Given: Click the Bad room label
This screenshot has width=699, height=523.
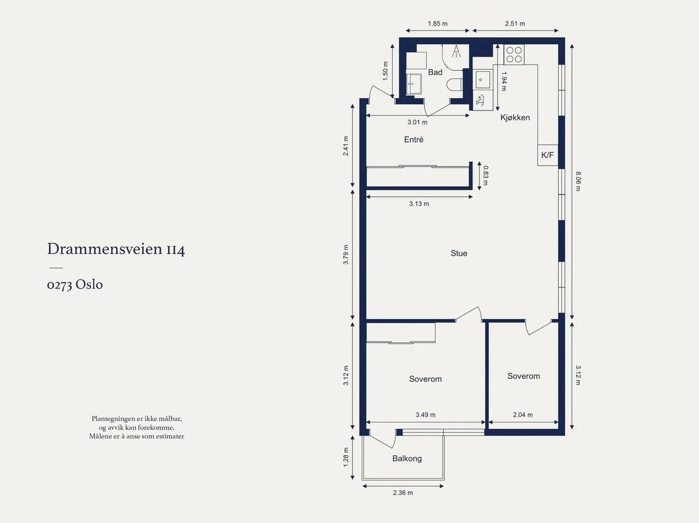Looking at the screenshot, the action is (435, 72).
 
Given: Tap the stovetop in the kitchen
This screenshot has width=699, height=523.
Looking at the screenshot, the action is (514, 55).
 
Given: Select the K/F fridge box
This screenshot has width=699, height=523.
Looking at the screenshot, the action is (548, 155).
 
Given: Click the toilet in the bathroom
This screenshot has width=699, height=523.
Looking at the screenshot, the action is (454, 85).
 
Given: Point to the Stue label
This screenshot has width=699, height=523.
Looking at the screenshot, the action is (459, 253).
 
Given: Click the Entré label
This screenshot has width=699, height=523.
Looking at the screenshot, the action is (414, 139).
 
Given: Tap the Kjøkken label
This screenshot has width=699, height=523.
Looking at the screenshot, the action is (515, 118).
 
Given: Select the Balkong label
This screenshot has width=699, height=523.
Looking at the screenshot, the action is (407, 458).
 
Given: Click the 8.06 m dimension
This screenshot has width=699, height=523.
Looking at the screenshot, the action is (578, 181).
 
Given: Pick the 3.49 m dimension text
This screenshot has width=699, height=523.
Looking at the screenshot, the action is (425, 415).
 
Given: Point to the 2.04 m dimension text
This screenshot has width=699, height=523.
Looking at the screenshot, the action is (523, 415).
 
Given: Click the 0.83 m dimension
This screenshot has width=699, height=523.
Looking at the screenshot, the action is (486, 175).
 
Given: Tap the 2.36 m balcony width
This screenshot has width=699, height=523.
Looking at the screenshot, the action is (403, 493).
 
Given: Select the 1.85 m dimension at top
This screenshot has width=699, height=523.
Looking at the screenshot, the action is (437, 23).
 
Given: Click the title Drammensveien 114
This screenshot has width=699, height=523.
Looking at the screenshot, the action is (116, 249).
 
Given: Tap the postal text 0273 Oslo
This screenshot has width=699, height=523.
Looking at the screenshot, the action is (75, 285).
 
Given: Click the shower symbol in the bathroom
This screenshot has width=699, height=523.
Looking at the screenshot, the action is (456, 51).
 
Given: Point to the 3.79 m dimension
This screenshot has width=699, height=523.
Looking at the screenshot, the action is (346, 255).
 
